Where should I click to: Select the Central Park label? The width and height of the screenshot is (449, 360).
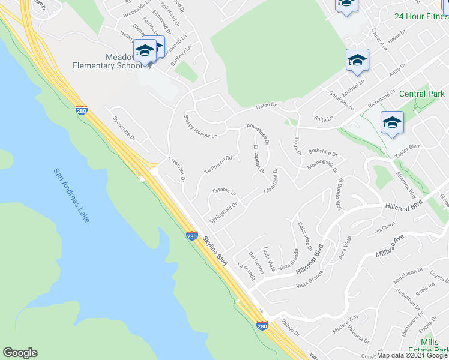pos(422,94)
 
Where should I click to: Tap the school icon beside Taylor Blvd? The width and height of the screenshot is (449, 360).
pos(391,124)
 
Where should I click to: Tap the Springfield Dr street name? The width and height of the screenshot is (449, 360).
pos(223,212)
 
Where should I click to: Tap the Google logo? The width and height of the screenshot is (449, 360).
pos(20,353)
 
